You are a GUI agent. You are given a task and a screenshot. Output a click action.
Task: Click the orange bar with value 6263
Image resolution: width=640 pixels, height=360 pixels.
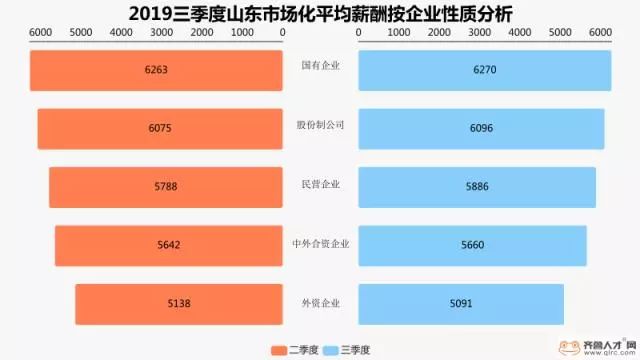pyautogui.click(x=157, y=70)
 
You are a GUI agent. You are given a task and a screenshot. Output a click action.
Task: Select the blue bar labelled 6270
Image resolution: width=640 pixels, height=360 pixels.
pyautogui.click(x=484, y=70)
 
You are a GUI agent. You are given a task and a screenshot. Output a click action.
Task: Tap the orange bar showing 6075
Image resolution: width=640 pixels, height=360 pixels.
pyautogui.click(x=161, y=128)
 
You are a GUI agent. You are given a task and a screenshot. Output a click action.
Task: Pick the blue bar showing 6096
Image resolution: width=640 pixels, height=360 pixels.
pyautogui.click(x=481, y=128)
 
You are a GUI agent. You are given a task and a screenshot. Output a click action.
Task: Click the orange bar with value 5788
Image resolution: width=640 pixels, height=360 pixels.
pyautogui.click(x=166, y=187)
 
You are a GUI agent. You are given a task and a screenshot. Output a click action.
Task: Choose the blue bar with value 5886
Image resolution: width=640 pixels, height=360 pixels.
pyautogui.click(x=477, y=187)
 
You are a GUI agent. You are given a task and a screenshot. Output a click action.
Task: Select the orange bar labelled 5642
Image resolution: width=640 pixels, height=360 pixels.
pyautogui.click(x=169, y=245)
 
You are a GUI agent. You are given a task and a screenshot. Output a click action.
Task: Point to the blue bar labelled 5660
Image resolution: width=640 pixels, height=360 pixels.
pyautogui.click(x=472, y=245)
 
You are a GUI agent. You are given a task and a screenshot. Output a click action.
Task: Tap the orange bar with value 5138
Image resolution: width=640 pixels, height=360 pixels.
pyautogui.click(x=179, y=303)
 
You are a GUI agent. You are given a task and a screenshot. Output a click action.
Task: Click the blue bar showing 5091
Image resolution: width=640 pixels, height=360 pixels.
pyautogui.click(x=461, y=303)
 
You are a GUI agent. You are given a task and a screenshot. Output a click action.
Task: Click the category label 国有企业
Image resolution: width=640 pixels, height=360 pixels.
pyautogui.click(x=320, y=66)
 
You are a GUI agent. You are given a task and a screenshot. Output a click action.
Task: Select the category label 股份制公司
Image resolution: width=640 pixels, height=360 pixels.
pyautogui.click(x=320, y=125)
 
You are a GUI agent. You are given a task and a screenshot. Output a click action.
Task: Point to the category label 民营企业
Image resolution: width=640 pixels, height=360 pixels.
pyautogui.click(x=320, y=184)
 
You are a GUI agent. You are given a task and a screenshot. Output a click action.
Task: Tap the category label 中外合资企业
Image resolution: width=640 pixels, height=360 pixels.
pyautogui.click(x=320, y=243)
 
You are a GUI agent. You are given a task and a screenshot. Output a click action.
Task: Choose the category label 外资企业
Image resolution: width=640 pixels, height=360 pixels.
pyautogui.click(x=320, y=302)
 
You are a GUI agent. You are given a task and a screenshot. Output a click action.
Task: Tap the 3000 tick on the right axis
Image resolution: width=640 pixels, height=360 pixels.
pyautogui.click(x=479, y=33)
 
